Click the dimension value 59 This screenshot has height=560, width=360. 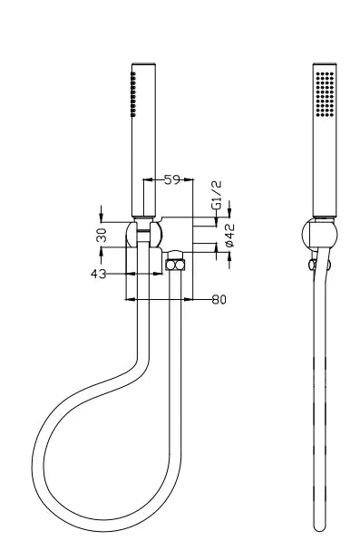(x=172, y=179)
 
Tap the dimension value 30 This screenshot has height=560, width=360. (x=102, y=235)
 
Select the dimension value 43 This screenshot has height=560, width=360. (x=98, y=275)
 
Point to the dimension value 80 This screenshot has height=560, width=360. (x=219, y=299)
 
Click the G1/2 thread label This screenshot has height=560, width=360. (x=217, y=196)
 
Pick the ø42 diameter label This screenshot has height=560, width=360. (x=229, y=235)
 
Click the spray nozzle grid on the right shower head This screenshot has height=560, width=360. (x=325, y=94)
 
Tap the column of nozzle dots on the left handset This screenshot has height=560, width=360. (x=133, y=94)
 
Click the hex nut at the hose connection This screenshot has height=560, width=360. (x=176, y=266)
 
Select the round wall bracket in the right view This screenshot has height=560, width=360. (x=319, y=235)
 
